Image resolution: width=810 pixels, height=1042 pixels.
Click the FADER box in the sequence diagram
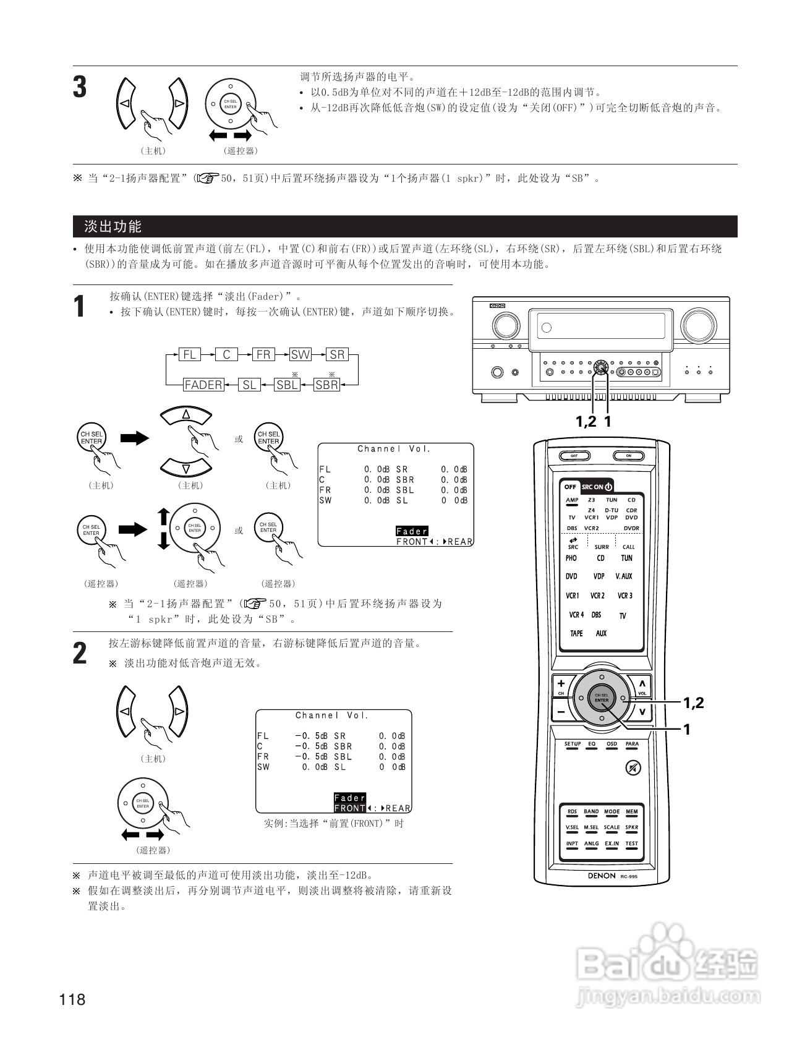point(203,385)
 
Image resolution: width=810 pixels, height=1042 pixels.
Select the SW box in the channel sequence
point(301,354)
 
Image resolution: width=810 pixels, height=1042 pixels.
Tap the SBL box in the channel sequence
point(287,385)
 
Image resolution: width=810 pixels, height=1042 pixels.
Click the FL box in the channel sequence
point(189,354)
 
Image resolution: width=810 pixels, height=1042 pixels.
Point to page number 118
point(73,999)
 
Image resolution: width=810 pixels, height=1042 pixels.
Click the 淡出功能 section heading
point(113,226)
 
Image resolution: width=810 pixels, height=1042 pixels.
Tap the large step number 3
point(80,87)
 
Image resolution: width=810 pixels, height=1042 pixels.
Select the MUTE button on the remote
point(633,768)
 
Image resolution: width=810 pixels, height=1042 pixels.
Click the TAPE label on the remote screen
point(576,633)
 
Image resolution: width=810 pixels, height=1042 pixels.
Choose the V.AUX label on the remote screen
point(624,576)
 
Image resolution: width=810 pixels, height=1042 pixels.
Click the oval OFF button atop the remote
point(574,456)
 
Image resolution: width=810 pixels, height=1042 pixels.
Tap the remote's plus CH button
point(561,684)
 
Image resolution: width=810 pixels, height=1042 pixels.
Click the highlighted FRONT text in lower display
point(349,808)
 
